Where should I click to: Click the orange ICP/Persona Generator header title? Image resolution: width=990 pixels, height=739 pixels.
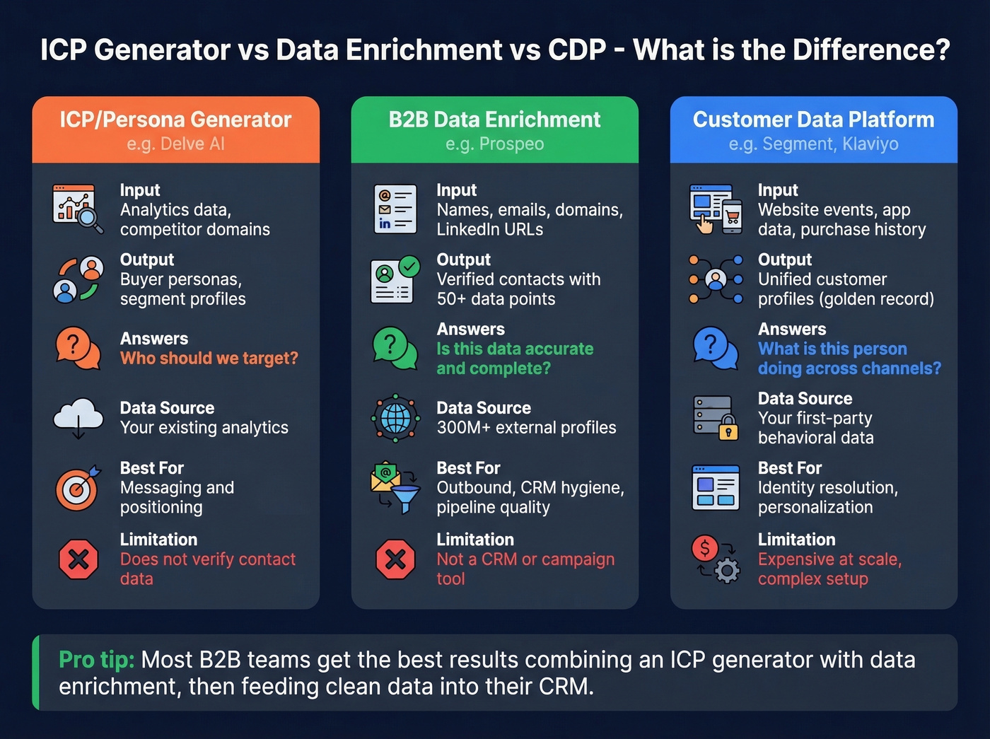pos(175,120)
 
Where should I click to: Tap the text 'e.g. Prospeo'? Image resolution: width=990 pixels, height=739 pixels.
pos(494,144)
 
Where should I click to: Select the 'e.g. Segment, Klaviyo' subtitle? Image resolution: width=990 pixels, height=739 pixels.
pos(813,144)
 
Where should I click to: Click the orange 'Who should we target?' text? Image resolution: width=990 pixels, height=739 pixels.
pos(209,359)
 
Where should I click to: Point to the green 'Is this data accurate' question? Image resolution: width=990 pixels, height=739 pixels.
pos(515,349)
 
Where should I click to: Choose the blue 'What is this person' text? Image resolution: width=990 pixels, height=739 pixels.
pos(832,349)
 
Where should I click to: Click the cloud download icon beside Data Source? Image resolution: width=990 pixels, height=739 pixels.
pos(78,417)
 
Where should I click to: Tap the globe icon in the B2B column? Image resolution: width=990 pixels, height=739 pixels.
pos(395,419)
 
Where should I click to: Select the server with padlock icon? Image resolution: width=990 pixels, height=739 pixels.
pos(715,418)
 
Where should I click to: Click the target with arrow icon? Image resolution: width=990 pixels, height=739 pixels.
pos(78,488)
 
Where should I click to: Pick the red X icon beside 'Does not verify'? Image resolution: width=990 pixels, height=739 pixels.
pos(78,559)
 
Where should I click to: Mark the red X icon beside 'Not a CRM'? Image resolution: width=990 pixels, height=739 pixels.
pos(395,559)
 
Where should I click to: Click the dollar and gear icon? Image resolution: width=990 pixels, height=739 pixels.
pos(715,559)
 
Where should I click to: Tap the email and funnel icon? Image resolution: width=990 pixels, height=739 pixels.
pos(395,488)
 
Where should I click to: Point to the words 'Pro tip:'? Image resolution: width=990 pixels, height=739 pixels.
pos(96,660)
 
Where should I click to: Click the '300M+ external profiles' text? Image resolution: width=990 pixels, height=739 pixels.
pos(526,428)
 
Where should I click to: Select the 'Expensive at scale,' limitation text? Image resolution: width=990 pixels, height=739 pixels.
pos(829,559)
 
